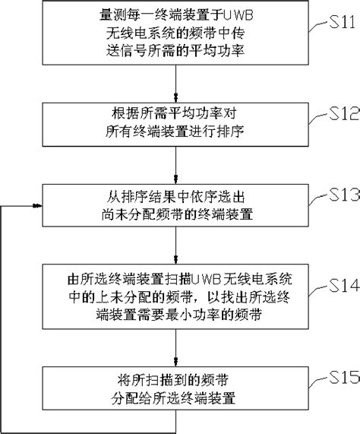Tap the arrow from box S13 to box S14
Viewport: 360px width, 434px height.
[176, 245]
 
